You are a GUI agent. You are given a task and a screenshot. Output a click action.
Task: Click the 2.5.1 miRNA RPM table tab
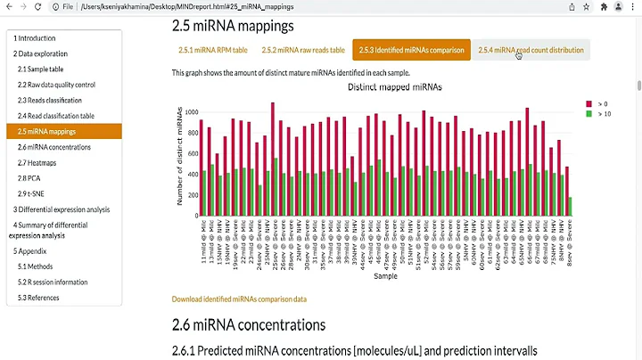click(x=213, y=50)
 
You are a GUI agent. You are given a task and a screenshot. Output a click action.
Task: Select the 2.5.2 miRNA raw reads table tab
click(x=303, y=50)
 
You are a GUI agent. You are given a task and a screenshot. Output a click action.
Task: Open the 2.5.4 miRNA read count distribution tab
click(x=531, y=50)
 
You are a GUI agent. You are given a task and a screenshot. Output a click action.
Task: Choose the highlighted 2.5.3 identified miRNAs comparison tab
click(x=410, y=50)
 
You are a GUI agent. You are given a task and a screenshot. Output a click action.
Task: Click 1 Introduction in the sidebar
click(x=35, y=38)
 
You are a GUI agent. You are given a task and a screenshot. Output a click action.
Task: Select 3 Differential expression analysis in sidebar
click(x=62, y=209)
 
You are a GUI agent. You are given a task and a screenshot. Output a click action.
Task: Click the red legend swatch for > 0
click(x=588, y=104)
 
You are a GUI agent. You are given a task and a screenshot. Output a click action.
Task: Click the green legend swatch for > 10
click(x=588, y=114)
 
